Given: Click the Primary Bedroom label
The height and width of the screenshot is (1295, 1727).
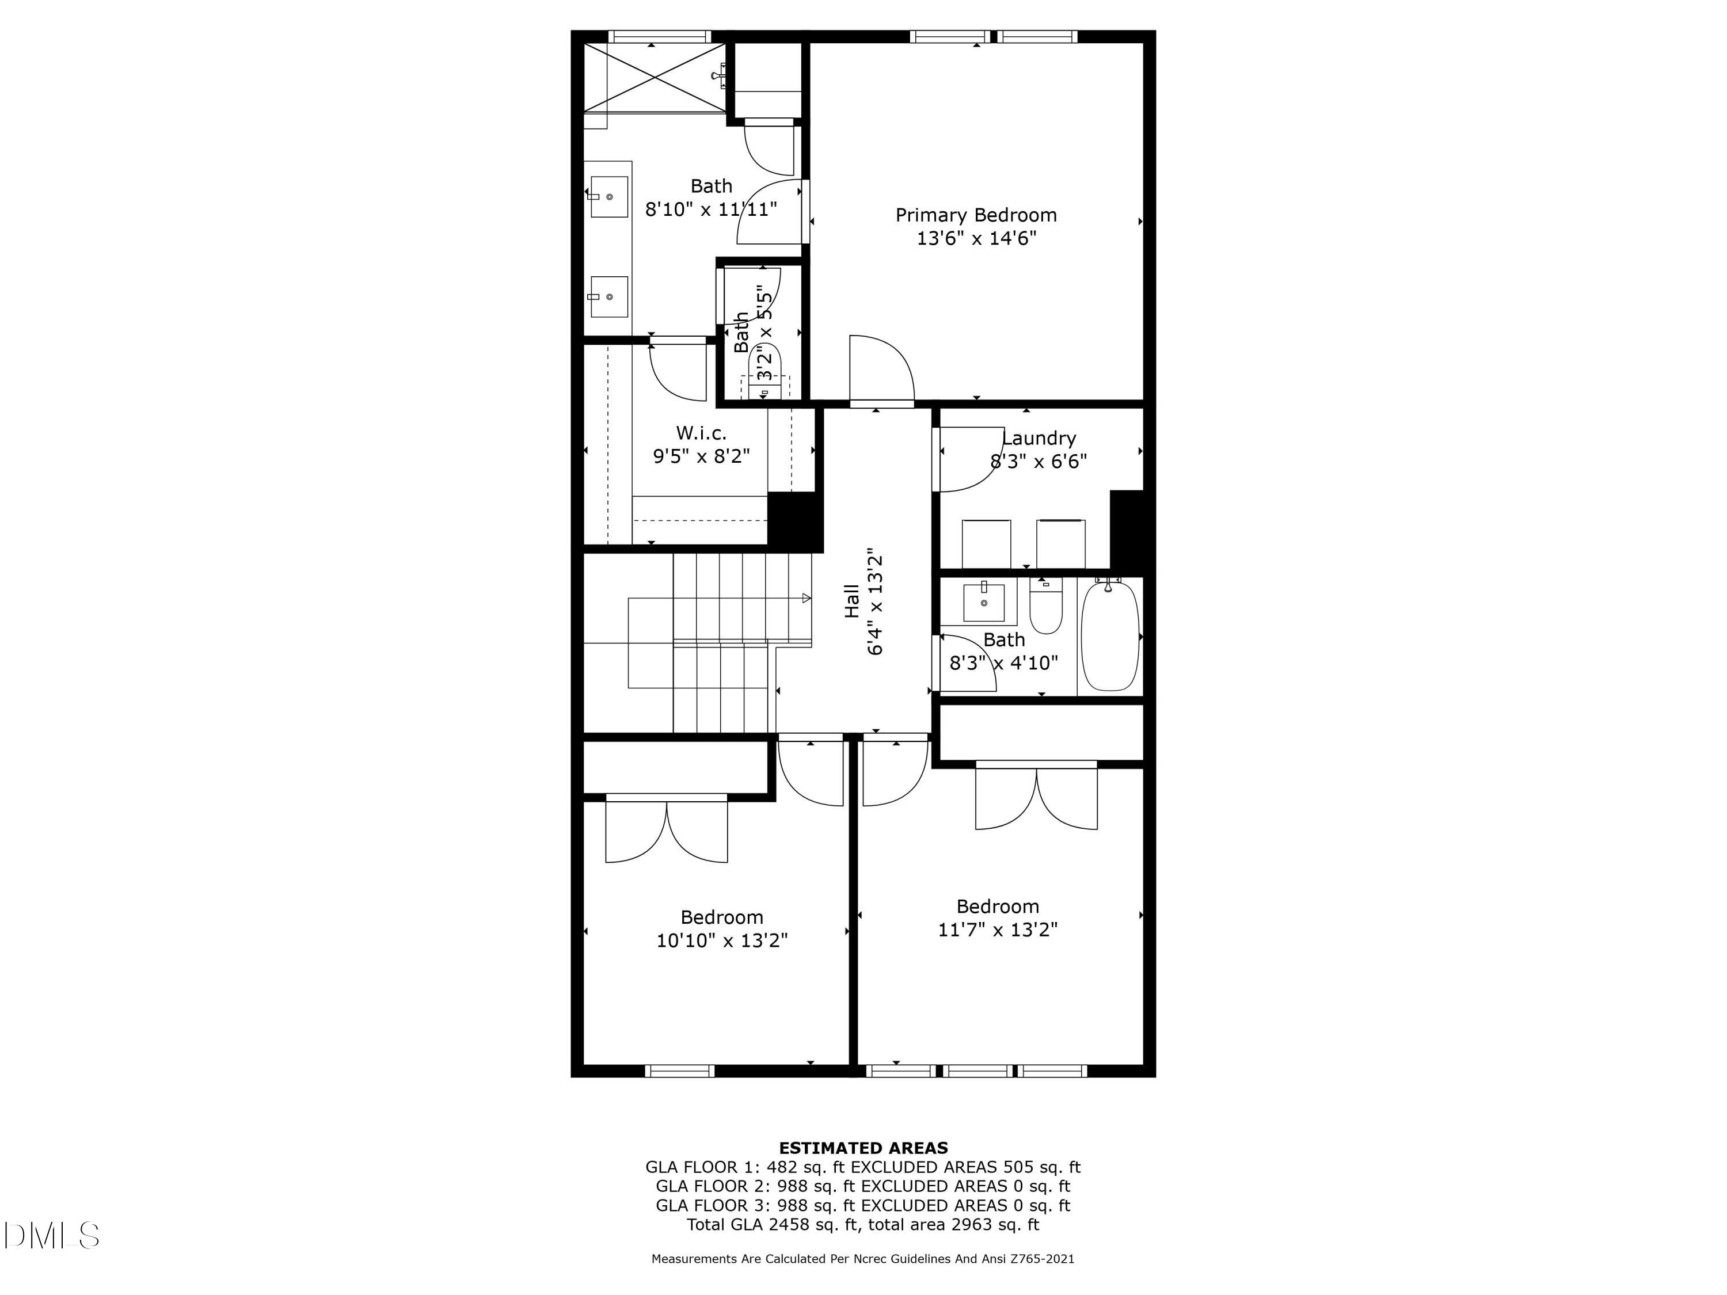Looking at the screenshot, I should tap(975, 215).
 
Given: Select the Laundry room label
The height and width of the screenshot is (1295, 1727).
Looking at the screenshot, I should tap(1039, 438).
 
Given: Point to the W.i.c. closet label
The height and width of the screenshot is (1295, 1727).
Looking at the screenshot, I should tap(701, 432).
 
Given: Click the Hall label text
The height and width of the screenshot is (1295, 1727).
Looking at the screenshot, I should tap(852, 601).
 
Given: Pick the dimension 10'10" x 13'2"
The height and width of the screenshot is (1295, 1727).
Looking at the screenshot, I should tap(721, 940).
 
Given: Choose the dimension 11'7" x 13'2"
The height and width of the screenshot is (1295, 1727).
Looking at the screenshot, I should tap(997, 930).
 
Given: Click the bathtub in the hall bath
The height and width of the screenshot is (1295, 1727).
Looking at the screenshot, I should tap(1109, 635).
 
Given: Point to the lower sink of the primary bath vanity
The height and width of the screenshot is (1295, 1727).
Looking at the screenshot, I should tap(609, 296).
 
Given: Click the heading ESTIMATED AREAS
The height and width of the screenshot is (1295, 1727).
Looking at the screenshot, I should tap(863, 1148).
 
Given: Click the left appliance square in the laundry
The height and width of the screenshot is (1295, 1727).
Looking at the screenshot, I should tap(986, 544).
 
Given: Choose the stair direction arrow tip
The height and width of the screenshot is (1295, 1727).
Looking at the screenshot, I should tap(807, 599).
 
